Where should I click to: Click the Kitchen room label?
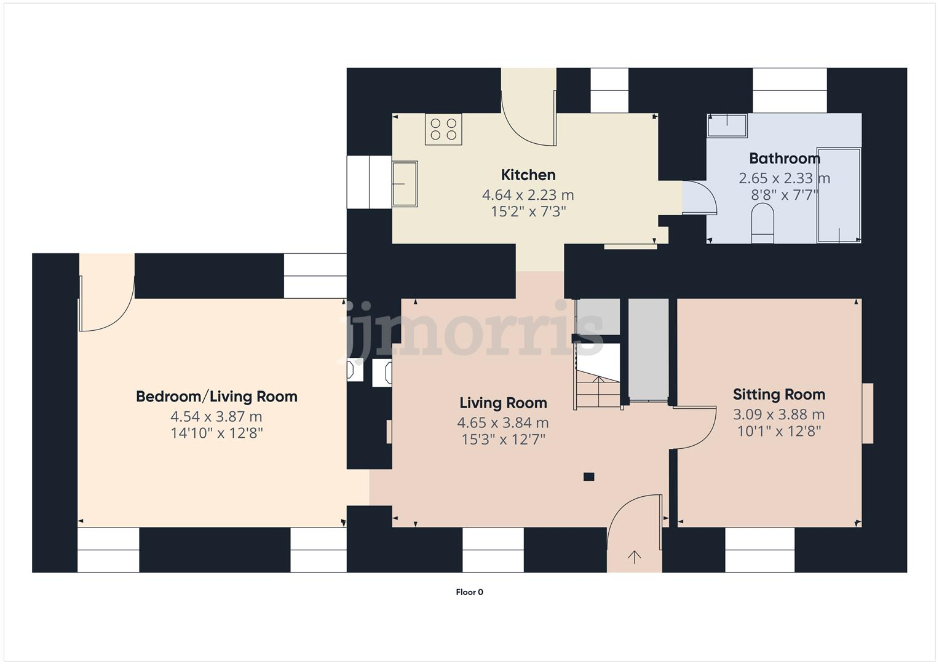(x=528, y=175)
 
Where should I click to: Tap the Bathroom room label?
(x=784, y=159)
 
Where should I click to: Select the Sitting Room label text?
(x=779, y=395)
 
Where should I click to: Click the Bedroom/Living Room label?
(x=216, y=397)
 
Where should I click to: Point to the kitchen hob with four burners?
(x=443, y=130)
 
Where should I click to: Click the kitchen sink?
(x=405, y=183)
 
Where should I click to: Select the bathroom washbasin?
(x=727, y=125)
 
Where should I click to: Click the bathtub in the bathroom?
(x=838, y=195)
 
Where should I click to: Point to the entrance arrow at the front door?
(x=634, y=557)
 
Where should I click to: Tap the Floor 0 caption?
(x=469, y=593)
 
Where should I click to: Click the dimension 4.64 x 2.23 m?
(x=528, y=196)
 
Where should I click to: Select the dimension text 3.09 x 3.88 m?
(x=779, y=414)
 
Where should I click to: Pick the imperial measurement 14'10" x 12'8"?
(x=216, y=433)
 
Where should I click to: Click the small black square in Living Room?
(x=588, y=476)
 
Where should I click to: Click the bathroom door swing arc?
(x=701, y=197)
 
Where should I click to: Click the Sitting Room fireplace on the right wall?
(x=867, y=413)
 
